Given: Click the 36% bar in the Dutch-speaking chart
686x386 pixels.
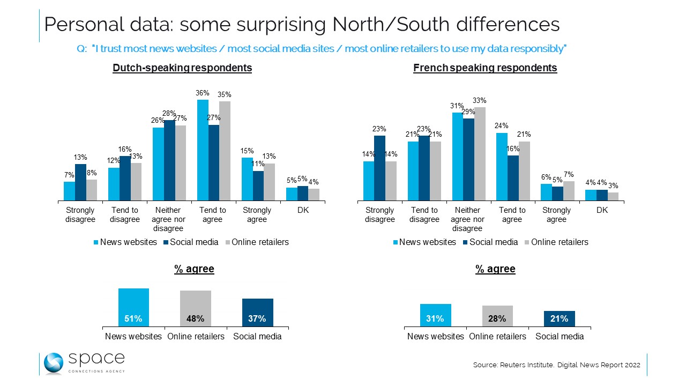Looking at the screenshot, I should (x=203, y=150).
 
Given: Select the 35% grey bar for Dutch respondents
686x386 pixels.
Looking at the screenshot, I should (x=225, y=151).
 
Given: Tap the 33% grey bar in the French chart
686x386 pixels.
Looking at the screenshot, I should (x=479, y=154).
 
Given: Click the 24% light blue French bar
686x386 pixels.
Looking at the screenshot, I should (x=502, y=167).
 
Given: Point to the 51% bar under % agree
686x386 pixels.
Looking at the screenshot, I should (x=133, y=308).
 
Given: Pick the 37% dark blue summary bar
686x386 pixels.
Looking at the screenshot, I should (x=257, y=313).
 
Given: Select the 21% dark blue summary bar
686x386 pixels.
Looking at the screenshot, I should (x=559, y=318).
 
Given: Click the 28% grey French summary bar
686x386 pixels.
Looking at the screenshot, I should (x=497, y=316).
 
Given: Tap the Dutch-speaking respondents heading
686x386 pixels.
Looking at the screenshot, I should (x=182, y=68).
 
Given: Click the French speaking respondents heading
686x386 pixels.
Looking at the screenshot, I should (x=485, y=68).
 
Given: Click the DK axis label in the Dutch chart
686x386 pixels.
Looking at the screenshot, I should (x=302, y=210).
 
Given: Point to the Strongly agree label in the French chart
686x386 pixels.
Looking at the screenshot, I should (x=557, y=214).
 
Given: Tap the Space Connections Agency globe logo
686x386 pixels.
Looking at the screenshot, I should (x=54, y=363).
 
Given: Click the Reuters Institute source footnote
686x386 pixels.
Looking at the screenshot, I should (x=556, y=365).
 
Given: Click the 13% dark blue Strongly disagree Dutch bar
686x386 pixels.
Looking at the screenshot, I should (x=80, y=182).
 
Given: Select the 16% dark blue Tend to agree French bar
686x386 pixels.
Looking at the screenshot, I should (x=512, y=178).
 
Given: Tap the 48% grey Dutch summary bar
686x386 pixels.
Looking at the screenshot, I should (x=195, y=309).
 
